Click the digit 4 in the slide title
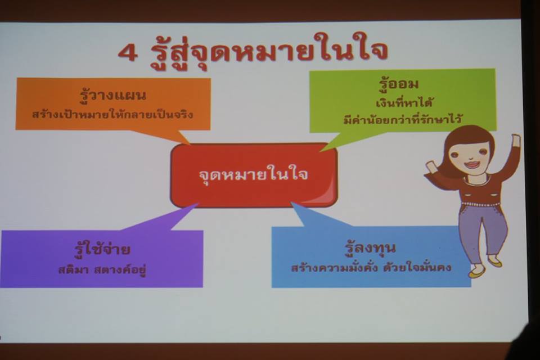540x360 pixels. coord(128,52)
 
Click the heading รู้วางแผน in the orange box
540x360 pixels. coord(113,94)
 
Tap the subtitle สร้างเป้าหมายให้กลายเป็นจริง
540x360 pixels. coord(112,114)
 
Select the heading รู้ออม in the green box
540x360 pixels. coord(398,83)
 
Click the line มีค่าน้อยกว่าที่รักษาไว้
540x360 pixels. coord(402,119)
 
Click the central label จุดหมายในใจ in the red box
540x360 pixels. coord(254,174)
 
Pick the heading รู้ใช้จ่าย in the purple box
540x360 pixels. coord(102,249)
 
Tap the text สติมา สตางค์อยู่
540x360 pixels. coord(102,269)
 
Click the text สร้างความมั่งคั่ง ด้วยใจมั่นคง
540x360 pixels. coord(371,267)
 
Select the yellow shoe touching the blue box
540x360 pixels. coord(476,272)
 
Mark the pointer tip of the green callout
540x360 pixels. coord(321,151)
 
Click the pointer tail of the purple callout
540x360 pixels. coord(198,204)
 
